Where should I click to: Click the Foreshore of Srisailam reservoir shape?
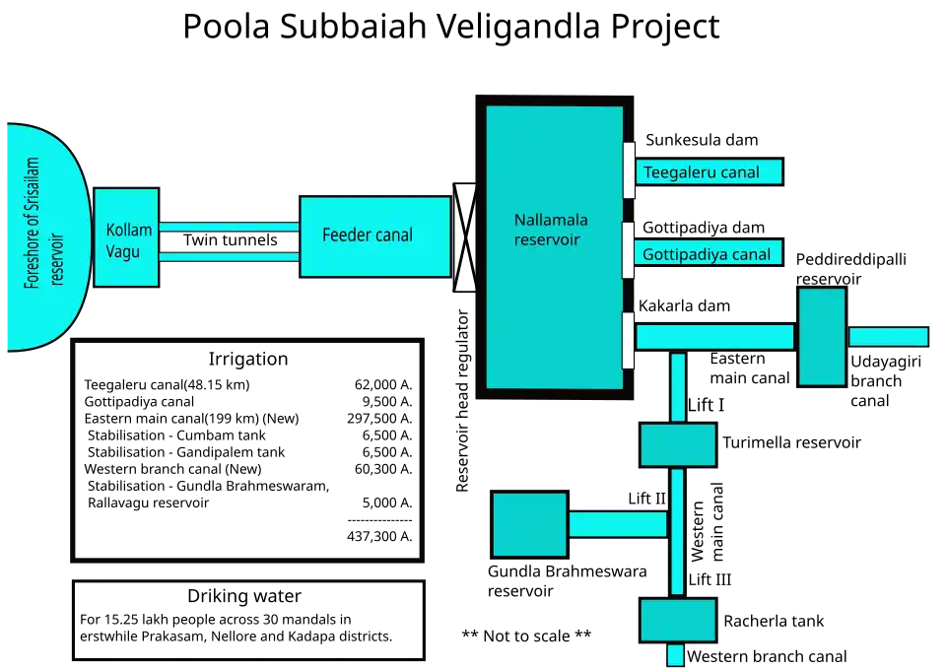tap(44, 236)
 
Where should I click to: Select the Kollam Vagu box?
tap(126, 237)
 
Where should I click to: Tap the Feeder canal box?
tap(374, 236)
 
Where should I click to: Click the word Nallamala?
tap(551, 220)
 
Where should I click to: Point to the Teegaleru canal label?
tap(702, 172)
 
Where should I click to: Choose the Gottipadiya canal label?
tap(707, 254)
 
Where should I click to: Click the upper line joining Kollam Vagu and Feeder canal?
tap(229, 226)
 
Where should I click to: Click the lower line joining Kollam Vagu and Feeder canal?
tap(229, 258)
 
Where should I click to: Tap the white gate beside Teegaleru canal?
tap(629, 169)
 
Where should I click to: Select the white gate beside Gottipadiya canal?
tap(629, 250)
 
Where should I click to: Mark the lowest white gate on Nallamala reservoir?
tap(629, 340)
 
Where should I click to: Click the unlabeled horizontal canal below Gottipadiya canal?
tap(714, 337)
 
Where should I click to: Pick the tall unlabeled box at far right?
tap(822, 336)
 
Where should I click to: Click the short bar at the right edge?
tap(888, 337)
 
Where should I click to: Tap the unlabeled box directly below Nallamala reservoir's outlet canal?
tap(678, 445)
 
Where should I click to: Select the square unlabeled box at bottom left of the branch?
tap(529, 524)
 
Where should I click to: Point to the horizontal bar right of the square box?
tap(618, 524)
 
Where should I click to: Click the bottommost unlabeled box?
tap(678, 621)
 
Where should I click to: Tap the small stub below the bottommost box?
tap(676, 655)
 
